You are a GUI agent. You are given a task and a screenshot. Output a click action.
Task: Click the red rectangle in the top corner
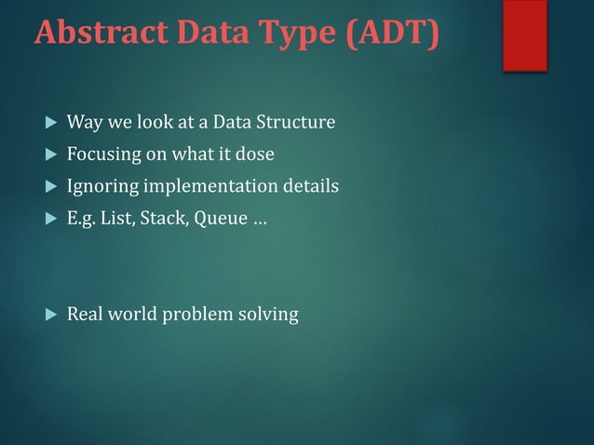524,34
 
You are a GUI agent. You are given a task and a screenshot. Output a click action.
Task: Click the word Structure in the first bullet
299,122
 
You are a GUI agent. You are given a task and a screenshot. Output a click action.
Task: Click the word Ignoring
100,186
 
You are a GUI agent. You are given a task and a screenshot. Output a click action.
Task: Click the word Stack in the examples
160,219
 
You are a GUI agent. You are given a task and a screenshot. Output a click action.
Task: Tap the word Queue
218,219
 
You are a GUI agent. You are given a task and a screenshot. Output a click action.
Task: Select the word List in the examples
116,219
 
